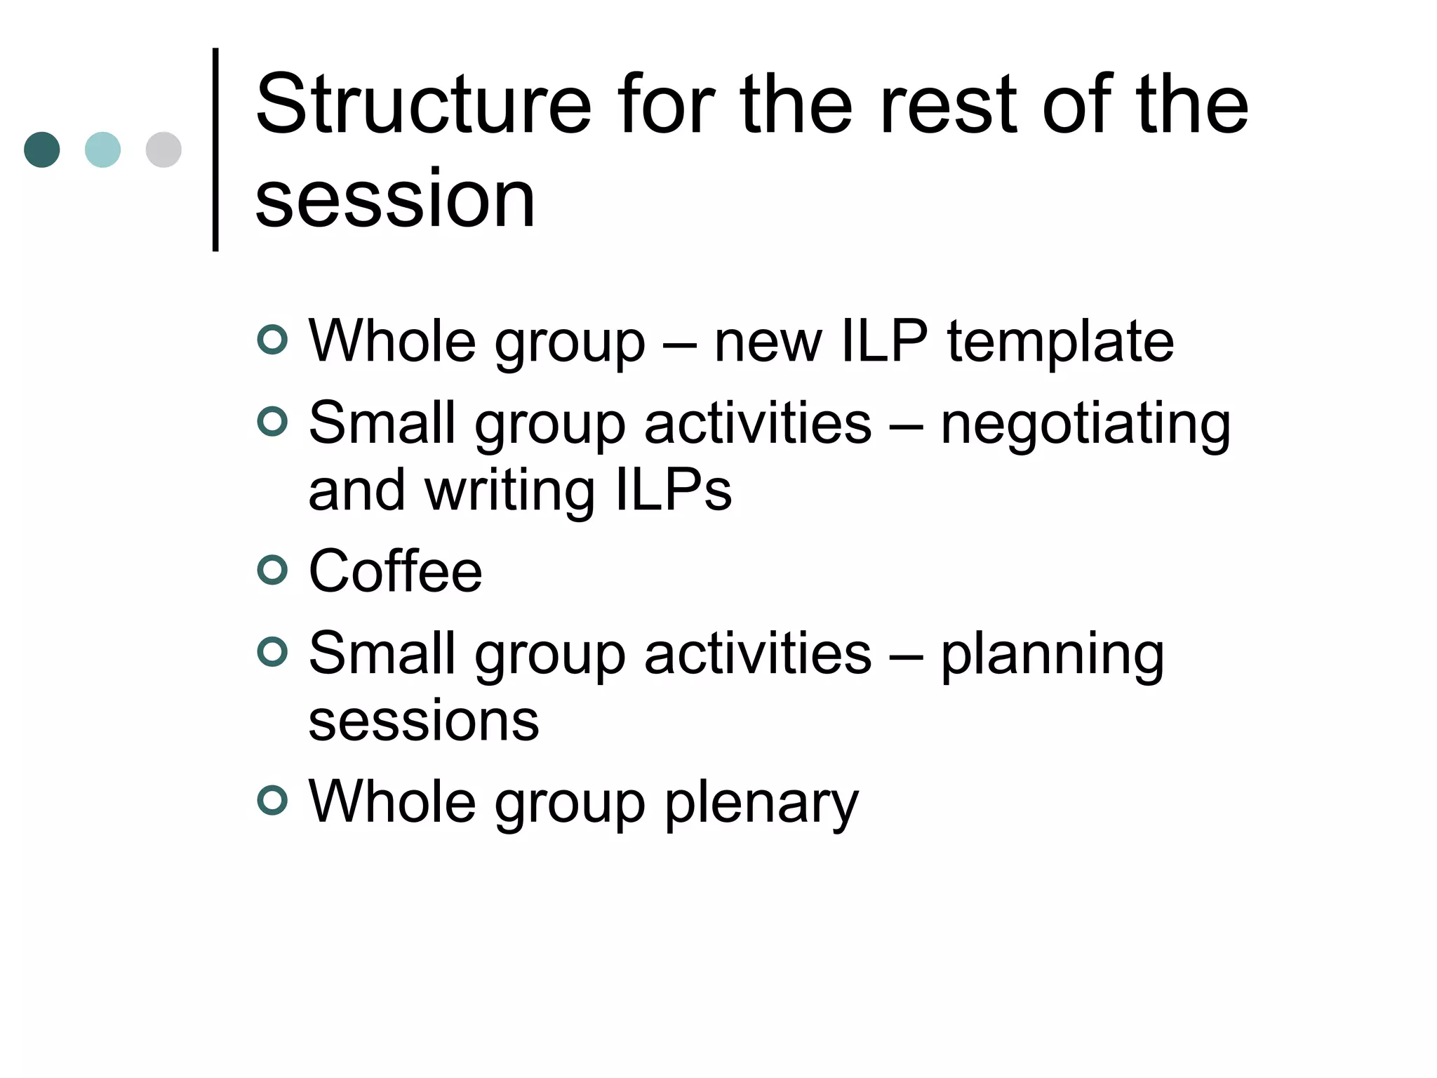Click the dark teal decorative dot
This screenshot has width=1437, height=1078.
click(x=42, y=149)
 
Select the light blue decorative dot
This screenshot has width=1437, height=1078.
click(x=102, y=149)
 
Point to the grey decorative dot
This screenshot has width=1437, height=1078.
click(x=163, y=149)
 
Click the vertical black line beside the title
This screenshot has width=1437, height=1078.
click(x=215, y=149)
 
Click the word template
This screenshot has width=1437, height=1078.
click(x=1060, y=342)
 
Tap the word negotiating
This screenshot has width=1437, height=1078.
click(x=1085, y=425)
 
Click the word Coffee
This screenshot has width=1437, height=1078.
click(x=395, y=571)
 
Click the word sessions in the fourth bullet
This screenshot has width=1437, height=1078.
click(x=424, y=721)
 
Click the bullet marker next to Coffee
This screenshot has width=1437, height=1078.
click(x=272, y=570)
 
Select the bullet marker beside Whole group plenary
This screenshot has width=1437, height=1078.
click(x=272, y=800)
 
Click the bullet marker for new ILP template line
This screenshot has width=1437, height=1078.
click(x=272, y=340)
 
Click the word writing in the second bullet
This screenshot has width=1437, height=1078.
click(x=509, y=491)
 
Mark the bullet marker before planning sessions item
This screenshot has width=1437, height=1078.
click(x=272, y=652)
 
